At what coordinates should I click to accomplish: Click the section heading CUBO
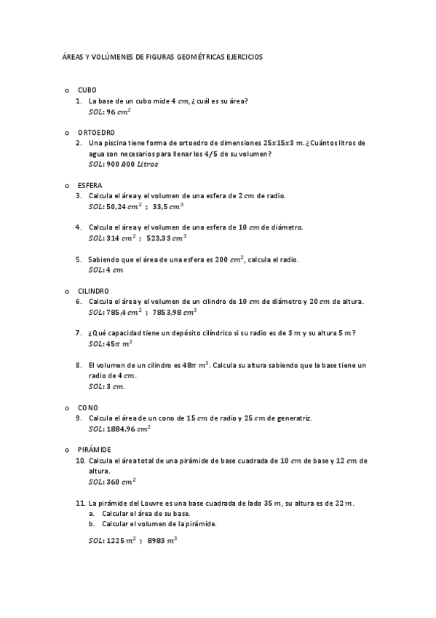pyautogui.click(x=87, y=90)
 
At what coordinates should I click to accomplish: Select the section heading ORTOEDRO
pyautogui.click(x=96, y=132)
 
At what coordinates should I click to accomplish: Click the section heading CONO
pyautogui.click(x=87, y=407)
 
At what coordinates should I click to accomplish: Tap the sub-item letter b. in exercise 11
pyautogui.click(x=92, y=523)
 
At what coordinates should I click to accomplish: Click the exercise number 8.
pyautogui.click(x=78, y=364)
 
